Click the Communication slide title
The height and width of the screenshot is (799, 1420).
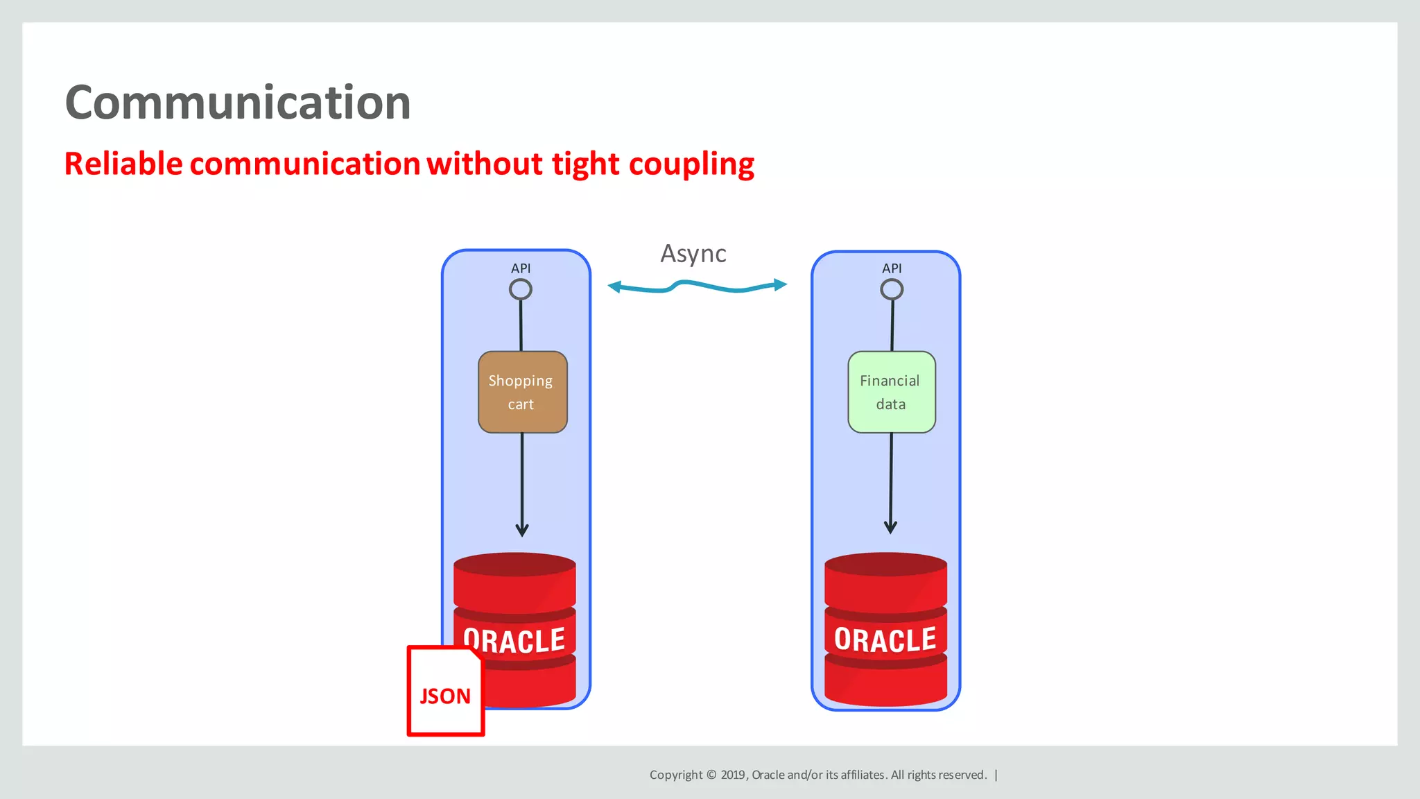click(x=238, y=103)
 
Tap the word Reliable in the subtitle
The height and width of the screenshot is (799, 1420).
click(x=123, y=164)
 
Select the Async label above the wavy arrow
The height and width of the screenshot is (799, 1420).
click(x=693, y=254)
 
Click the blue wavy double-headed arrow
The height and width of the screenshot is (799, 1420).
click(x=697, y=286)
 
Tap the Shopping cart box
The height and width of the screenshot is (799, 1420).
click(x=522, y=392)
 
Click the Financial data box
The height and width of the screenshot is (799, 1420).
click(x=891, y=392)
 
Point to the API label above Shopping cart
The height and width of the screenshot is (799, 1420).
click(x=521, y=268)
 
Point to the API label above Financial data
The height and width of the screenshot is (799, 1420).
click(x=892, y=268)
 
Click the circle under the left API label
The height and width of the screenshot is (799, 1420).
click(x=521, y=289)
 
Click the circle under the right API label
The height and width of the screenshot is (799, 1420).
click(x=892, y=289)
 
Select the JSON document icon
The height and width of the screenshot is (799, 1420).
click(x=445, y=691)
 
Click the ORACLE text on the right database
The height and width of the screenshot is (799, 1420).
click(x=885, y=639)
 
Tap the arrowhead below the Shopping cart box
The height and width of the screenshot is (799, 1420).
click(x=522, y=530)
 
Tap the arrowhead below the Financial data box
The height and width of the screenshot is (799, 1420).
click(x=890, y=527)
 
